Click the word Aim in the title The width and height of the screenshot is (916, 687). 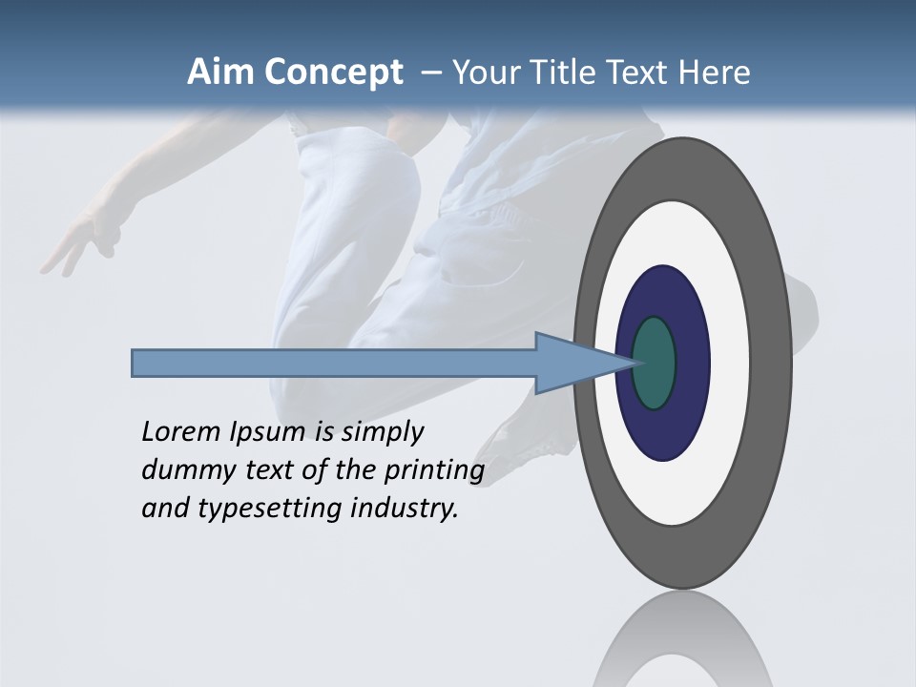click(x=219, y=73)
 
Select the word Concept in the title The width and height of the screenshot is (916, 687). click(x=330, y=73)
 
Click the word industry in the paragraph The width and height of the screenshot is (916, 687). click(x=405, y=509)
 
